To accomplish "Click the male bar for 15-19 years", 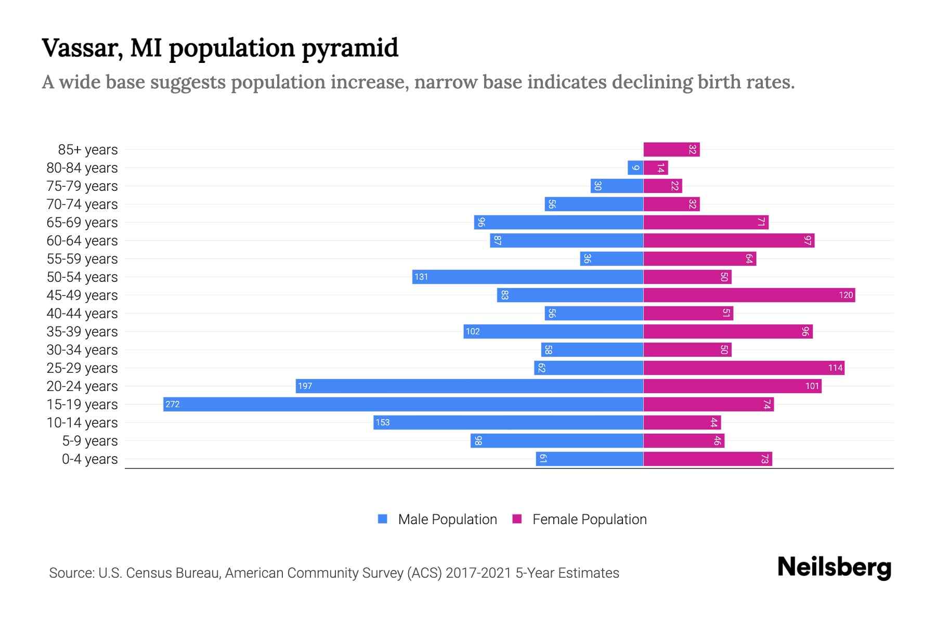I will pyautogui.click(x=403, y=404).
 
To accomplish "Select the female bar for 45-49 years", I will pyautogui.click(x=749, y=295).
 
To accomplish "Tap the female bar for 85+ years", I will pyautogui.click(x=671, y=149).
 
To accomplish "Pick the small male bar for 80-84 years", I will pyautogui.click(x=635, y=167).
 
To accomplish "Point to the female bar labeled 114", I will pyautogui.click(x=744, y=368).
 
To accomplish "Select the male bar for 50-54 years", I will pyautogui.click(x=527, y=277).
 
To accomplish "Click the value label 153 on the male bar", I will pyautogui.click(x=383, y=422).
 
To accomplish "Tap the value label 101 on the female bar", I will pyautogui.click(x=812, y=386).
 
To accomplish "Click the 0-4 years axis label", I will pyautogui.click(x=89, y=459).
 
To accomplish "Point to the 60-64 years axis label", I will pyautogui.click(x=82, y=241).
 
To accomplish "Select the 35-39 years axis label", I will pyautogui.click(x=82, y=332).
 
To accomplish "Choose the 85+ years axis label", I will pyautogui.click(x=88, y=150).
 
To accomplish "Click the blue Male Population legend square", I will pyautogui.click(x=383, y=519).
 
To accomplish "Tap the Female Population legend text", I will pyautogui.click(x=589, y=519).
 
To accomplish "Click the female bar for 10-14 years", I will pyautogui.click(x=682, y=422).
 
